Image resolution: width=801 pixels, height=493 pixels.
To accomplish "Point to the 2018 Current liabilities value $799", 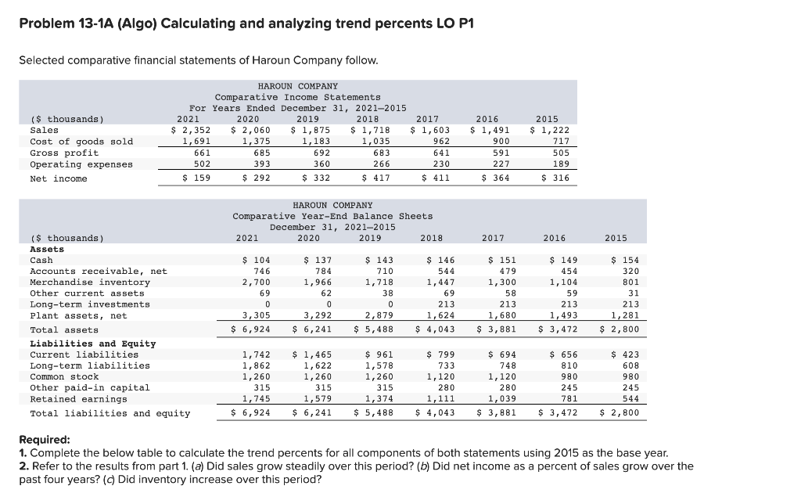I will point(437,354).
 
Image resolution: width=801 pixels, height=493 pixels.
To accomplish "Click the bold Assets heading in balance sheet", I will point(46,249).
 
